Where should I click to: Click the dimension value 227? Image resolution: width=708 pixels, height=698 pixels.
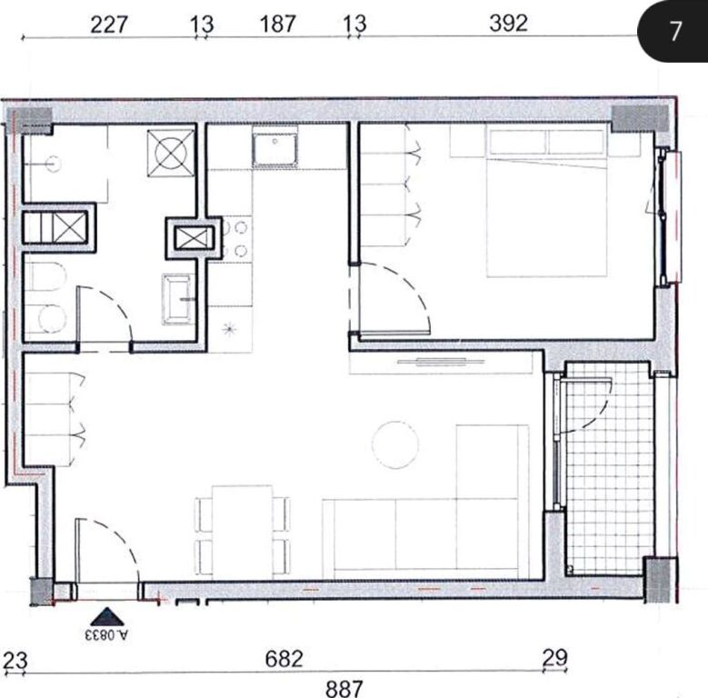point(108,24)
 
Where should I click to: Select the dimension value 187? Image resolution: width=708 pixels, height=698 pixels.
point(278,24)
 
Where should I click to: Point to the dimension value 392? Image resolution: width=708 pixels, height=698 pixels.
point(508,24)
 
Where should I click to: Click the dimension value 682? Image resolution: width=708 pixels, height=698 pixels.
point(284,658)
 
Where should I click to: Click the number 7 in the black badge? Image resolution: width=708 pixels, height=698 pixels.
point(674,31)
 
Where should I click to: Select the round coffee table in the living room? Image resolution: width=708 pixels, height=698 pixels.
point(395,444)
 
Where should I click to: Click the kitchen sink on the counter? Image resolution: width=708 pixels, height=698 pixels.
point(275,150)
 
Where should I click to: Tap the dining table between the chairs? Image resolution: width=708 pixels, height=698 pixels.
point(243,532)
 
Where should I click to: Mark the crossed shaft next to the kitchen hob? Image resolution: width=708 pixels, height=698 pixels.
point(192,239)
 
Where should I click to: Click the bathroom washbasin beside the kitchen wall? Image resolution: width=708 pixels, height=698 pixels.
point(177,298)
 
